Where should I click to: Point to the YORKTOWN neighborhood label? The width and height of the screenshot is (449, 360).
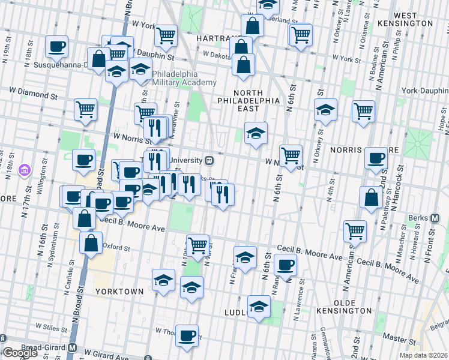[x=119, y=292]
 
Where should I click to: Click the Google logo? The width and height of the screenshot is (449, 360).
[x=20, y=353]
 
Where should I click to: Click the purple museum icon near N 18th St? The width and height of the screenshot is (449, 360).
[x=25, y=171]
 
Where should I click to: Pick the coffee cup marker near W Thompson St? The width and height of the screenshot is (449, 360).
[x=187, y=335]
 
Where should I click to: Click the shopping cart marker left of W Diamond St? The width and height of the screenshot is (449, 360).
[x=86, y=110]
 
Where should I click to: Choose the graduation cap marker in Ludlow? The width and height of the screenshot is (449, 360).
[x=259, y=307]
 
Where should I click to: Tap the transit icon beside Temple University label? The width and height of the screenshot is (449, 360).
[x=209, y=160]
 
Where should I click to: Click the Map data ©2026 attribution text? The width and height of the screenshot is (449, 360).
[x=424, y=355]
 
